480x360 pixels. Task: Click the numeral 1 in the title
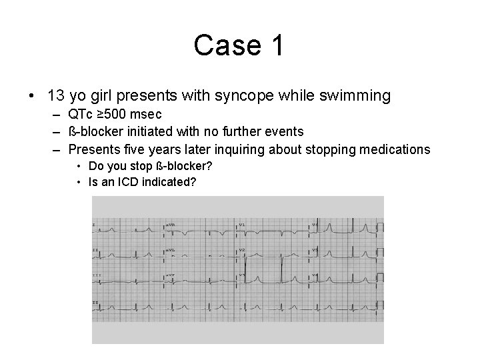click(x=276, y=46)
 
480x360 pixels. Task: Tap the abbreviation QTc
click(x=81, y=114)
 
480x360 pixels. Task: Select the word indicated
click(x=168, y=181)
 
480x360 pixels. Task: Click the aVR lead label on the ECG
click(x=170, y=225)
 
